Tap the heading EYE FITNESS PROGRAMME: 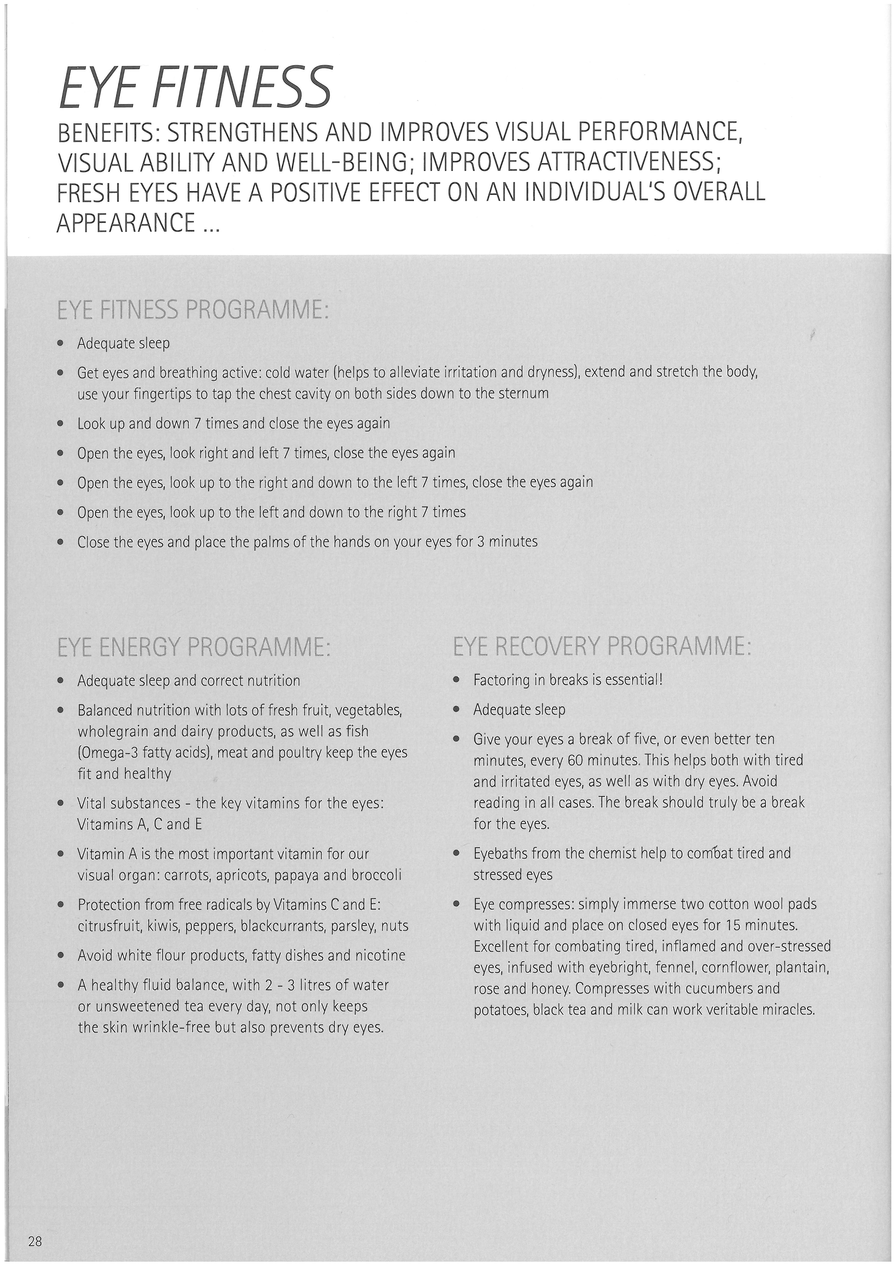pos(193,311)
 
